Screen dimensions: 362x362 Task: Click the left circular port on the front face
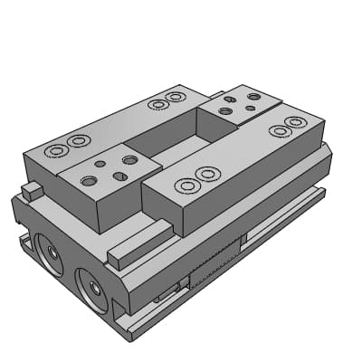pos(50,257)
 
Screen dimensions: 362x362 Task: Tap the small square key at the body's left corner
pos(32,190)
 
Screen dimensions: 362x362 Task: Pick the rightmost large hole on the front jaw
pos(129,160)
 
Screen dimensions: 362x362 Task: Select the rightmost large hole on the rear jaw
pos(254,96)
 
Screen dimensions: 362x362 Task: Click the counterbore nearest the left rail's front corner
pos(56,149)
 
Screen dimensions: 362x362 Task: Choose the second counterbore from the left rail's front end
pos(79,140)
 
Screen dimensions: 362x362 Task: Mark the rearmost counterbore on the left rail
pos(176,96)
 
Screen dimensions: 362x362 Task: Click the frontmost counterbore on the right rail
pos(187,186)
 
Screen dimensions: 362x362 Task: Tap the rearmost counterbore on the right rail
pos(295,122)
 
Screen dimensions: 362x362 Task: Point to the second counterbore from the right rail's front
pos(208,173)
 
